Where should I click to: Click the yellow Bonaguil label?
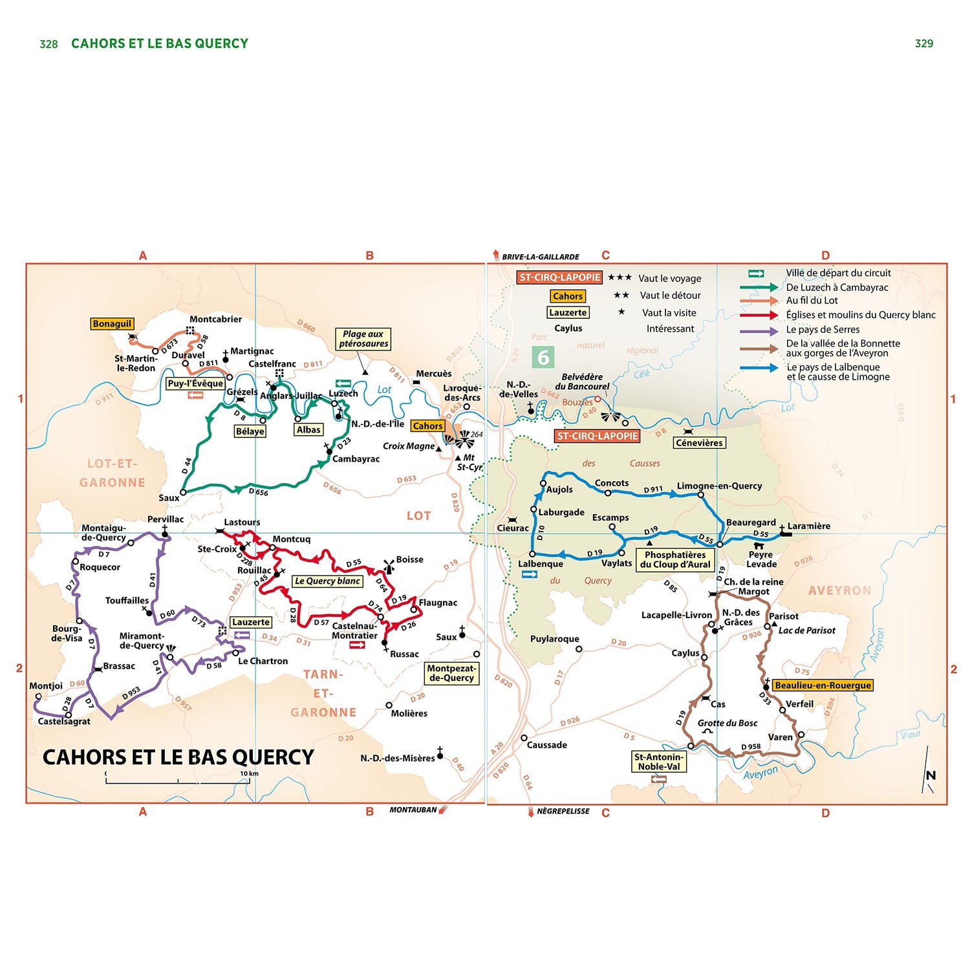tap(112, 323)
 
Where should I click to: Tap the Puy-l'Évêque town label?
tap(195, 383)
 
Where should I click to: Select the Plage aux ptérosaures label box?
tap(363, 339)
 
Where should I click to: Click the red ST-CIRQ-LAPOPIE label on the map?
tap(597, 436)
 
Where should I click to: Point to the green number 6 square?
tap(543, 357)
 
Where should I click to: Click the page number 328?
tap(48, 44)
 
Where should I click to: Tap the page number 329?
tap(923, 43)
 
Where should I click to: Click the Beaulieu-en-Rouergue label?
tap(823, 685)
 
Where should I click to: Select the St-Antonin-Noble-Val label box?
tap(658, 762)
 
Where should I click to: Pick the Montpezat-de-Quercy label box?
tap(451, 673)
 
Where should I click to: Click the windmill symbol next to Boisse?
tap(389, 566)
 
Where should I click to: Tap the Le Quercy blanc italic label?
tap(327, 581)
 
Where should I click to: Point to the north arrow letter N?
tap(931, 775)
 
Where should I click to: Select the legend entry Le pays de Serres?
tap(823, 329)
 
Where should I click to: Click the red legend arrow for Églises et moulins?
tap(759, 315)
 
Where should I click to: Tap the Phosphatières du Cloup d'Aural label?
tap(675, 559)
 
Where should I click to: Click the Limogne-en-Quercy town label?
tap(719, 486)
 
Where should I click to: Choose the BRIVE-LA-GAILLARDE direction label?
tap(540, 257)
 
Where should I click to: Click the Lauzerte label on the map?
tap(251, 622)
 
